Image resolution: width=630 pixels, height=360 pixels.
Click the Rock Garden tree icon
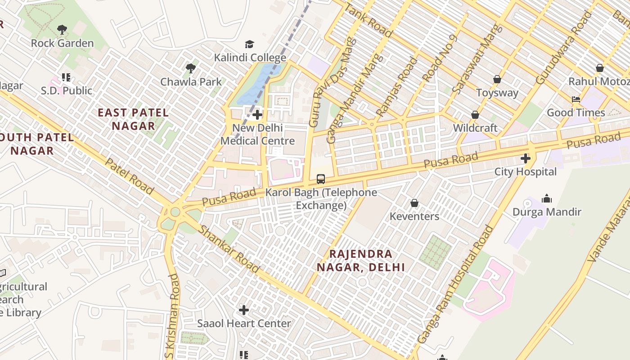pos(62,30)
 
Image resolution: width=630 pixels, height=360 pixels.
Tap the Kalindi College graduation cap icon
pos(249,44)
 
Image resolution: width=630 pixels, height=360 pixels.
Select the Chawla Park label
pos(191,82)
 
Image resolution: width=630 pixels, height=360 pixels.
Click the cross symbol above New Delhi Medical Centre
pos(257,115)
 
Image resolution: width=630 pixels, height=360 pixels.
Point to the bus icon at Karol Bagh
pos(321,179)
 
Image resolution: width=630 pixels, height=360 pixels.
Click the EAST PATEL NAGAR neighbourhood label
pos(133,119)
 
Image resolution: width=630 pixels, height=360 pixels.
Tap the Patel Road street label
pos(129,176)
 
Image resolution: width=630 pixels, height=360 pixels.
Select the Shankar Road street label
pos(229,249)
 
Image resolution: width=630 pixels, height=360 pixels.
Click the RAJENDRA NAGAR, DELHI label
pos(360,261)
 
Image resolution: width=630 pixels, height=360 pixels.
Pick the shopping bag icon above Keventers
pos(414,203)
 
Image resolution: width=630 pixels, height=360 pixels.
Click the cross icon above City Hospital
pos(525,158)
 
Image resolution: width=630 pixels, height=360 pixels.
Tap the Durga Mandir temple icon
pos(547,198)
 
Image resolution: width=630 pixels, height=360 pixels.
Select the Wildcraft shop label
pos(475,128)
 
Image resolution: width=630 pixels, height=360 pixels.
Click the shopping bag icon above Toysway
pos(497,79)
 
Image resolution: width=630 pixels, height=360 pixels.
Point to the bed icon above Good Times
pos(576,99)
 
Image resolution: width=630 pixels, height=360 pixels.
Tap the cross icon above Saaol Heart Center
pos(244,310)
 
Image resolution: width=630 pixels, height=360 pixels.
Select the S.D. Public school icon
pos(66,77)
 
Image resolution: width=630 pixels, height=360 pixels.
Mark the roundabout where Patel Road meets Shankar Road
pos(175,212)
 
